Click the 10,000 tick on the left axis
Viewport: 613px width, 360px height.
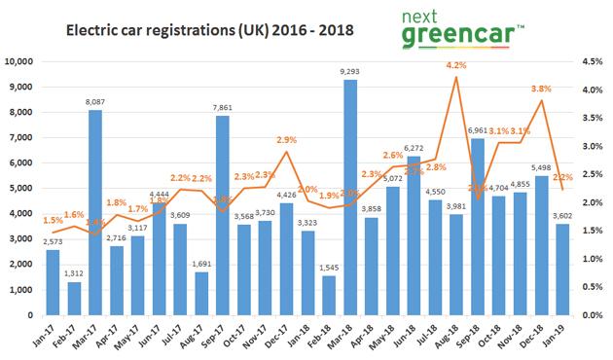click(x=19, y=61)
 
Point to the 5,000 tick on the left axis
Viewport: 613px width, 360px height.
click(x=22, y=189)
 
